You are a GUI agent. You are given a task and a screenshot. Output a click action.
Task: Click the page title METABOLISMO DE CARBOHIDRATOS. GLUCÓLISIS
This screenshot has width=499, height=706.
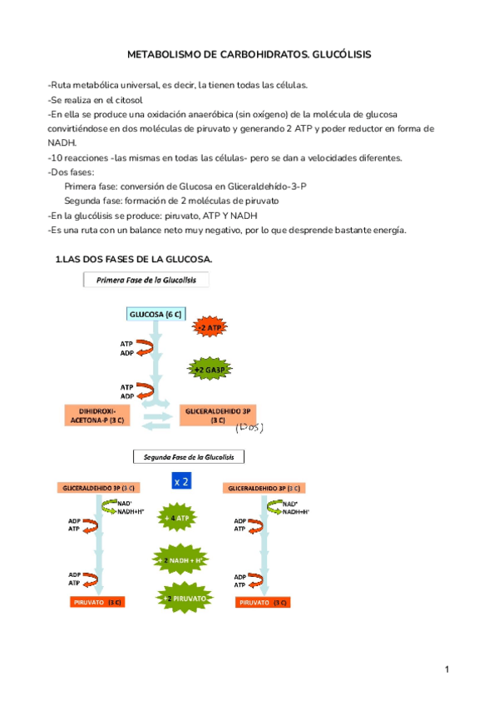pyautogui.click(x=249, y=54)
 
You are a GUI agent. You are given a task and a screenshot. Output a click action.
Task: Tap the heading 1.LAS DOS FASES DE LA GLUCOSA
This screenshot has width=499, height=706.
pyautogui.click(x=134, y=261)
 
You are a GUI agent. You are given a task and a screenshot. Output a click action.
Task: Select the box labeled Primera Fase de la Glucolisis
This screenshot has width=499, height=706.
pyautogui.click(x=146, y=281)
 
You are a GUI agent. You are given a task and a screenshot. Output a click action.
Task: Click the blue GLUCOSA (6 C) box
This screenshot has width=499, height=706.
pyautogui.click(x=156, y=314)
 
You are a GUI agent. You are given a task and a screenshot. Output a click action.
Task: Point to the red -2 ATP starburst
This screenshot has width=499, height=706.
pyautogui.click(x=210, y=329)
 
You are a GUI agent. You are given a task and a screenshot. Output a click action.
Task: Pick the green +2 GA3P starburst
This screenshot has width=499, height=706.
pyautogui.click(x=210, y=370)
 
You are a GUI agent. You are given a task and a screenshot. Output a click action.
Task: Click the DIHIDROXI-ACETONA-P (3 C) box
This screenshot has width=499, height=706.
pyautogui.click(x=98, y=415)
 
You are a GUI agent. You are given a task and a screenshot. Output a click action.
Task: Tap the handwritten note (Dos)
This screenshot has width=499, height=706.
pyautogui.click(x=249, y=427)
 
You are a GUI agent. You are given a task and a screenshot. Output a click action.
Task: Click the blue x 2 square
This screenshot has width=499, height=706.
pyautogui.click(x=181, y=481)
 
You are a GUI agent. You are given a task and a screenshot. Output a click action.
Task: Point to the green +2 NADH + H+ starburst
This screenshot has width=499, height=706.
pyautogui.click(x=180, y=561)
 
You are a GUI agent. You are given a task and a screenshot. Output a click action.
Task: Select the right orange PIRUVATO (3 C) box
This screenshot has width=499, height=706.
pyautogui.click(x=262, y=602)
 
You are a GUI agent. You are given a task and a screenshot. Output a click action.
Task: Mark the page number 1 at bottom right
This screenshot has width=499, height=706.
pyautogui.click(x=447, y=669)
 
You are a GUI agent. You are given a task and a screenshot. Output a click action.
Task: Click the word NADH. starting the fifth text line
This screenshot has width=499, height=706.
pyautogui.click(x=62, y=143)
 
